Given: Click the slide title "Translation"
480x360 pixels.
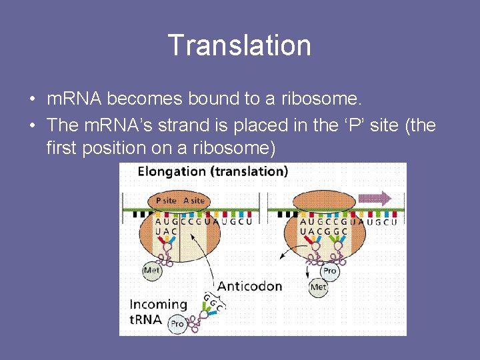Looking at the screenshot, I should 239,45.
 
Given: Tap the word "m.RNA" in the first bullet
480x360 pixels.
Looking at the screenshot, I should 74,99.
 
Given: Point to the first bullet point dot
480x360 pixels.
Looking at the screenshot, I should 32,100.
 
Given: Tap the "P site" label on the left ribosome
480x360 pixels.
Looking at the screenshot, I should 166,200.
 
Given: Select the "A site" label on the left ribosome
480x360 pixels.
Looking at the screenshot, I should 193,200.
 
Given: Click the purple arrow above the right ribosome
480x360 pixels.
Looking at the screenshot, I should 375,198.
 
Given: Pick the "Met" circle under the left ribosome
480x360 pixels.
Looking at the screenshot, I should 152,271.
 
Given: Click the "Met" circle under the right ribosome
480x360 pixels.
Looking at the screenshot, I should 319,287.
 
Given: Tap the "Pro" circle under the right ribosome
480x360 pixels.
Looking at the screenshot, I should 330,271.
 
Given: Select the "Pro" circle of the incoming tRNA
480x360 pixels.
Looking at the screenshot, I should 177,323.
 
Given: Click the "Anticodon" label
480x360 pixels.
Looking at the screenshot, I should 249,286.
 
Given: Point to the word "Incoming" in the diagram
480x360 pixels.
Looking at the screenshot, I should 158,304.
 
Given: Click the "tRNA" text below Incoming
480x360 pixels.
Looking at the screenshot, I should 145,319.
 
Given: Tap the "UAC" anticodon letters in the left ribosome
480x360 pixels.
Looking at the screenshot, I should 166,231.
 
